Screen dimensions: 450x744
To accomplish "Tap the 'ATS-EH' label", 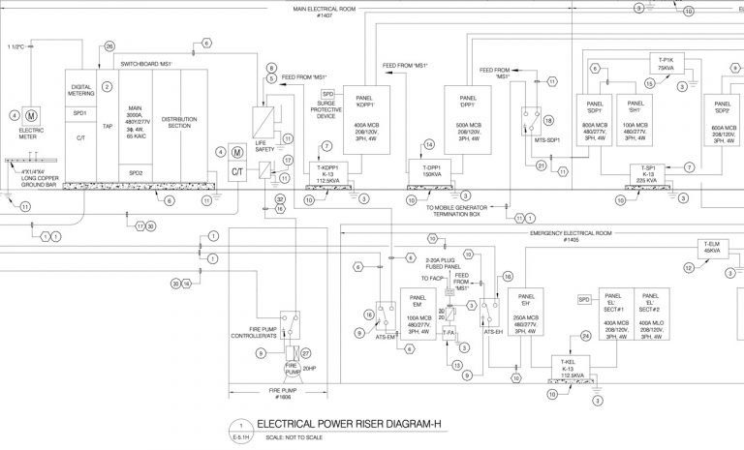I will [x=492, y=332].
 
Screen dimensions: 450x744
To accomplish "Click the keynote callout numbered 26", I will [x=108, y=46].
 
